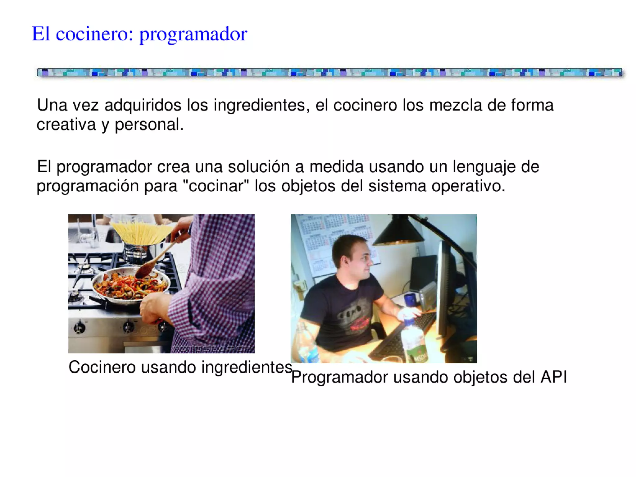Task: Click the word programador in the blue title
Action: coord(193,34)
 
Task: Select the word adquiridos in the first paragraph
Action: coord(143,105)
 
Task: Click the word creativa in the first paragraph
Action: coord(66,125)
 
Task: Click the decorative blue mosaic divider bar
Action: coord(329,72)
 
